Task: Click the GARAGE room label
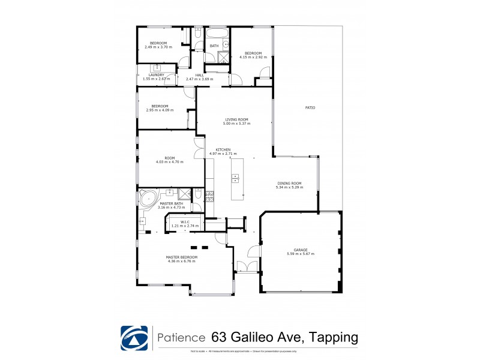(x=301, y=250)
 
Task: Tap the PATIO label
(x=310, y=107)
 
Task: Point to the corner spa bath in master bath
(x=148, y=199)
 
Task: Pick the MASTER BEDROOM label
(x=181, y=257)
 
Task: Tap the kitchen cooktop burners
(x=209, y=195)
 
